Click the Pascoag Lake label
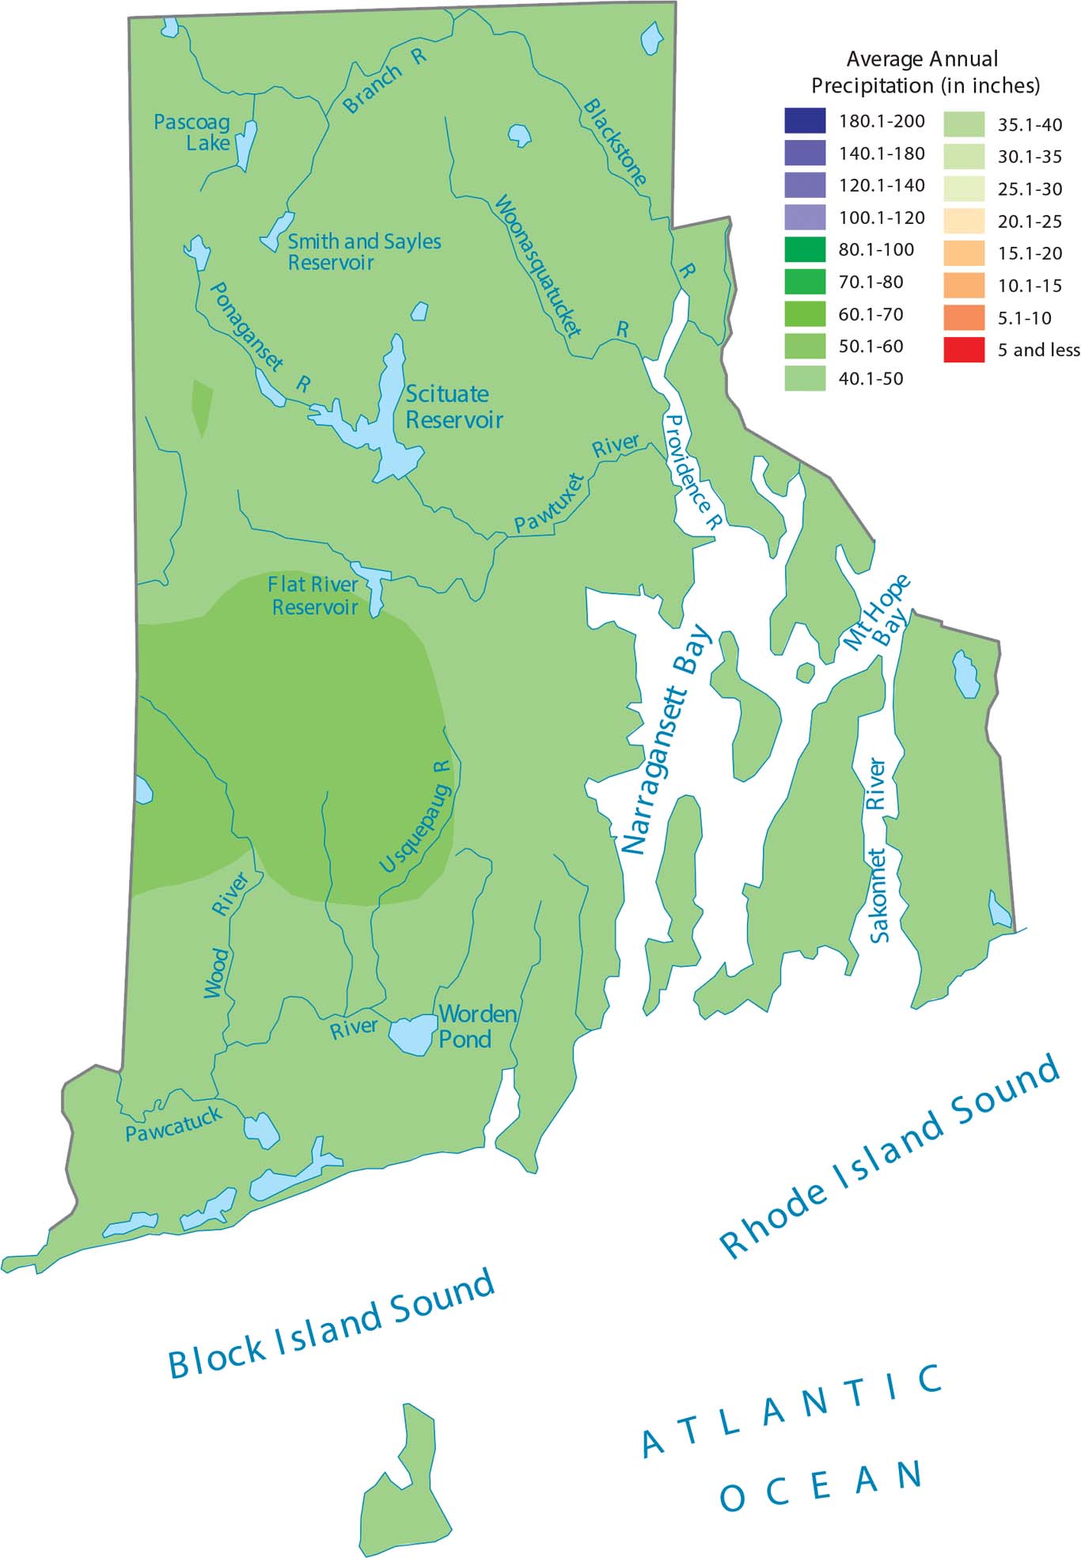coord(192,132)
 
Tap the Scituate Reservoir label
coord(453,407)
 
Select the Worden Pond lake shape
coord(412,1034)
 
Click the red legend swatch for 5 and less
coord(963,350)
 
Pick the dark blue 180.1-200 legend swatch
coord(805,121)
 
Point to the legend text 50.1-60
coord(870,347)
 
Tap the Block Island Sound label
coord(332,1324)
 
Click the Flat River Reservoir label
coord(313,596)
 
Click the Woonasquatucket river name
coord(537,265)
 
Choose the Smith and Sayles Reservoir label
coord(363,252)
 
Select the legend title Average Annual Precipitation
coord(924,71)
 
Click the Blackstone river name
coord(615,142)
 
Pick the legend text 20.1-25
coord(1029,222)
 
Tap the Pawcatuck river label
coord(173,1124)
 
